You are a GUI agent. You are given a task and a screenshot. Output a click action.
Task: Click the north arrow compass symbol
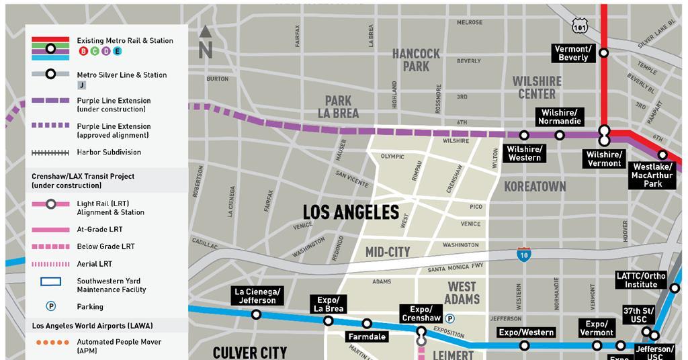coord(206,41)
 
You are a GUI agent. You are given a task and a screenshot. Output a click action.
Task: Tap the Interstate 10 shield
coord(524,255)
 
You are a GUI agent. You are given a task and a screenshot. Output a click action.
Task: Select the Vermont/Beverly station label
coord(573,53)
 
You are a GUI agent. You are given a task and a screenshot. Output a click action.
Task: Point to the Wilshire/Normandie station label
coord(559,117)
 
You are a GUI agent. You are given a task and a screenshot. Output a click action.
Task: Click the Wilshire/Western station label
coord(524,153)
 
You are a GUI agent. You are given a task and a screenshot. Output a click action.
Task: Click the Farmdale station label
coord(367,336)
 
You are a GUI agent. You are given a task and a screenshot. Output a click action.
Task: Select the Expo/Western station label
coord(526,332)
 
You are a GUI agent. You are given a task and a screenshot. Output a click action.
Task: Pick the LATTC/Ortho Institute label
coord(641,279)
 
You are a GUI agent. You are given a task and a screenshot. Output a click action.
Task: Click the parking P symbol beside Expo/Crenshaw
coord(450,319)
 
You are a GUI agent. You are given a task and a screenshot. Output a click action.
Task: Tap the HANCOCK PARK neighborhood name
coord(416,60)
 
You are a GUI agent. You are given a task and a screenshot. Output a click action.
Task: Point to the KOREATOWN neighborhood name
coord(535,186)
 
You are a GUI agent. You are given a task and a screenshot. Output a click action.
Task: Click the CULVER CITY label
coord(250,352)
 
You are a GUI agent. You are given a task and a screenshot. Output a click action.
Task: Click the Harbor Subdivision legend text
coord(109,152)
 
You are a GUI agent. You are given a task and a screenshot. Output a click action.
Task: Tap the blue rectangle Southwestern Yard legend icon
coord(50,281)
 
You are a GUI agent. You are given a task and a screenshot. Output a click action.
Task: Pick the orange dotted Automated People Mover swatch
coord(50,342)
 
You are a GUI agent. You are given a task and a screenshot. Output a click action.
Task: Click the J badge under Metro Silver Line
coord(82,85)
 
